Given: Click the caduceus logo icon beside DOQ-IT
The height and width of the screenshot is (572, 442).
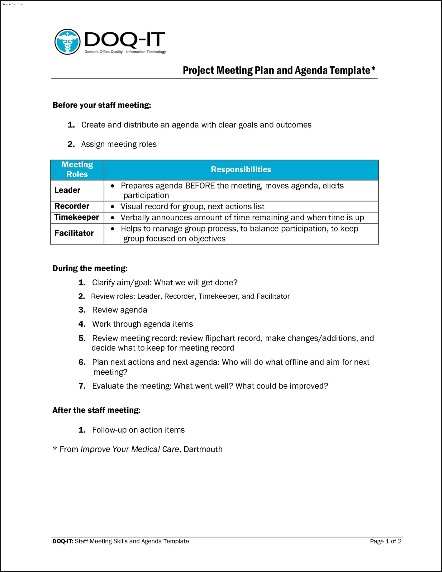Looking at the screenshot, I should pos(67,42).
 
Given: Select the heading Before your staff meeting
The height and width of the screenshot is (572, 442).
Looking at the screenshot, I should pos(102,105).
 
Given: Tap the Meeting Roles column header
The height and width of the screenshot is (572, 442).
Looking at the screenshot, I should pos(77,169).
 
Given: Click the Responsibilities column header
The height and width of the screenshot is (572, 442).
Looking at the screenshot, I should pos(241,169).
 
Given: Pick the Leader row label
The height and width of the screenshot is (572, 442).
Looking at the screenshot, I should pos(67,190).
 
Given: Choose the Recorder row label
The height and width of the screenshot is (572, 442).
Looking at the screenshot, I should pos(72,206).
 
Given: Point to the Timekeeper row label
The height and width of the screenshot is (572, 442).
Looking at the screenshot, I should pos(77,217).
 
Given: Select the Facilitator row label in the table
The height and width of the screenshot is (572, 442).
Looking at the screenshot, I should pos(74,233).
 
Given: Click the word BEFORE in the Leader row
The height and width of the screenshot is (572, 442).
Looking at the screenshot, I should pos(200,186).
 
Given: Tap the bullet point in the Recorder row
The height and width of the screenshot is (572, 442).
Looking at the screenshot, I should pos(113,207).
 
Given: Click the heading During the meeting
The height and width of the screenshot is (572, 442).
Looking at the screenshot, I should pos(90,269).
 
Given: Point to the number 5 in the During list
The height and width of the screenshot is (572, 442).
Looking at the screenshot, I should pos(82,338).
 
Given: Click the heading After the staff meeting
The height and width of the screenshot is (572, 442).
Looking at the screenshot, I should pos(97,410).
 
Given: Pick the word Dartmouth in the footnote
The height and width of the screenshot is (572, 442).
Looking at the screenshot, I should pos(203,449).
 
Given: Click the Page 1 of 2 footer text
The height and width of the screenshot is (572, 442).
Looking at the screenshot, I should pos(386,541).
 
